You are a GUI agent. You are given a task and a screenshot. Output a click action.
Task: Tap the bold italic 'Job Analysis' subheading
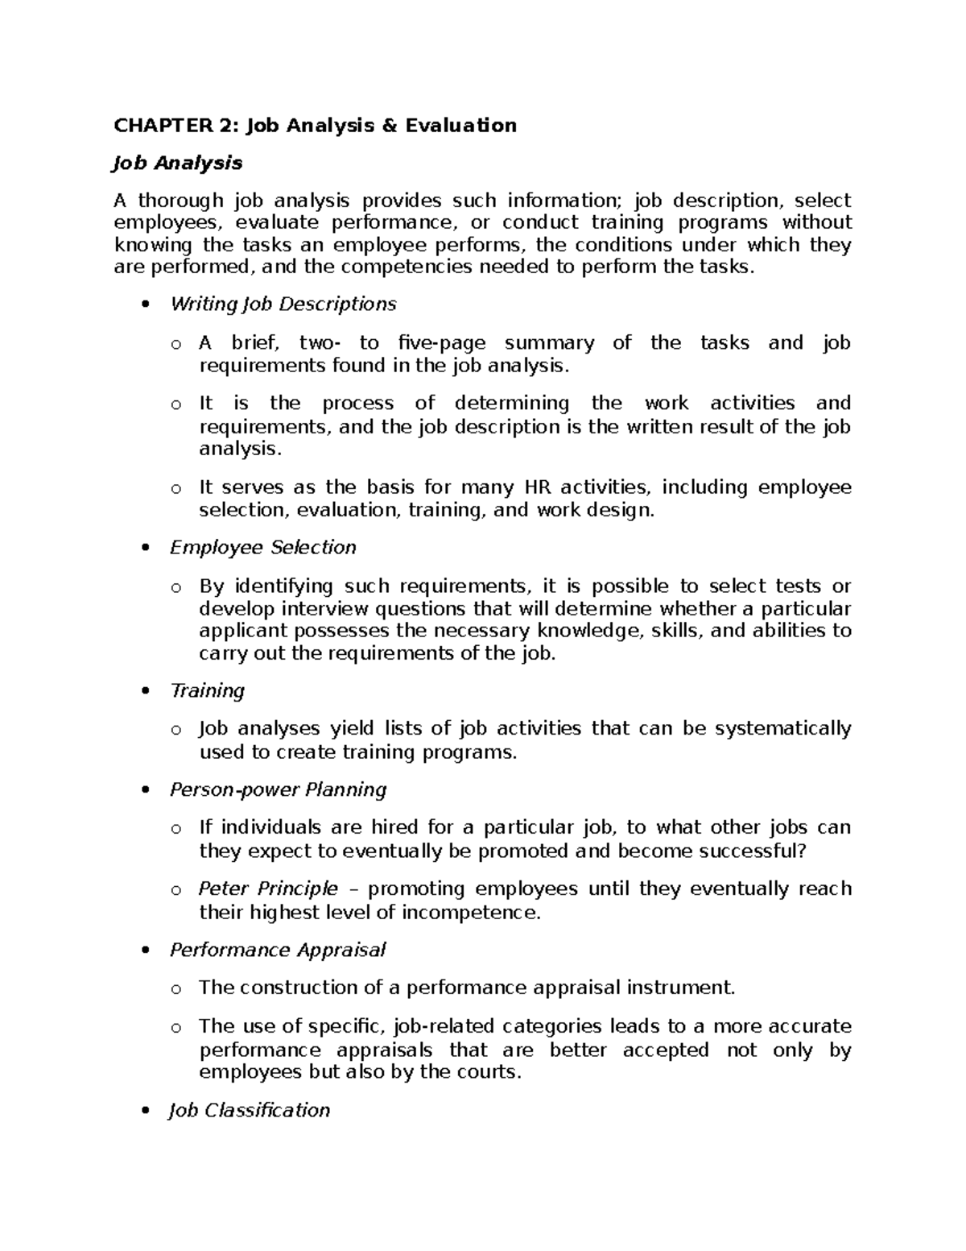pyautogui.click(x=178, y=164)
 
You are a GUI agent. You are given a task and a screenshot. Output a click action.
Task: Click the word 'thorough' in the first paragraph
pyautogui.click(x=181, y=201)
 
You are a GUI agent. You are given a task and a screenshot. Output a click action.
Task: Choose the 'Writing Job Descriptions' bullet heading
pyautogui.click(x=283, y=304)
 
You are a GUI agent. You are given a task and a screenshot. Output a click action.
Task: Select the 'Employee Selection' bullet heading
pyautogui.click(x=262, y=548)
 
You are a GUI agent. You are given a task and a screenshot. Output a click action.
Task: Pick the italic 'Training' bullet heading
pyautogui.click(x=207, y=691)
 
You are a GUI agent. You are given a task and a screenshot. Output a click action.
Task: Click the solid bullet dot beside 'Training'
pyautogui.click(x=145, y=692)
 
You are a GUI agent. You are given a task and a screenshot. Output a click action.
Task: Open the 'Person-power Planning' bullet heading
pyautogui.click(x=278, y=790)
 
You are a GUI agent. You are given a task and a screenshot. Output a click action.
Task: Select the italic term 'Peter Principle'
pyautogui.click(x=268, y=889)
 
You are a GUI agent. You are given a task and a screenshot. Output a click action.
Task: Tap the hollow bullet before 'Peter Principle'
pyautogui.click(x=175, y=891)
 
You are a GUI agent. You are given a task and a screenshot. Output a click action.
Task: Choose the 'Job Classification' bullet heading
pyautogui.click(x=250, y=1111)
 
